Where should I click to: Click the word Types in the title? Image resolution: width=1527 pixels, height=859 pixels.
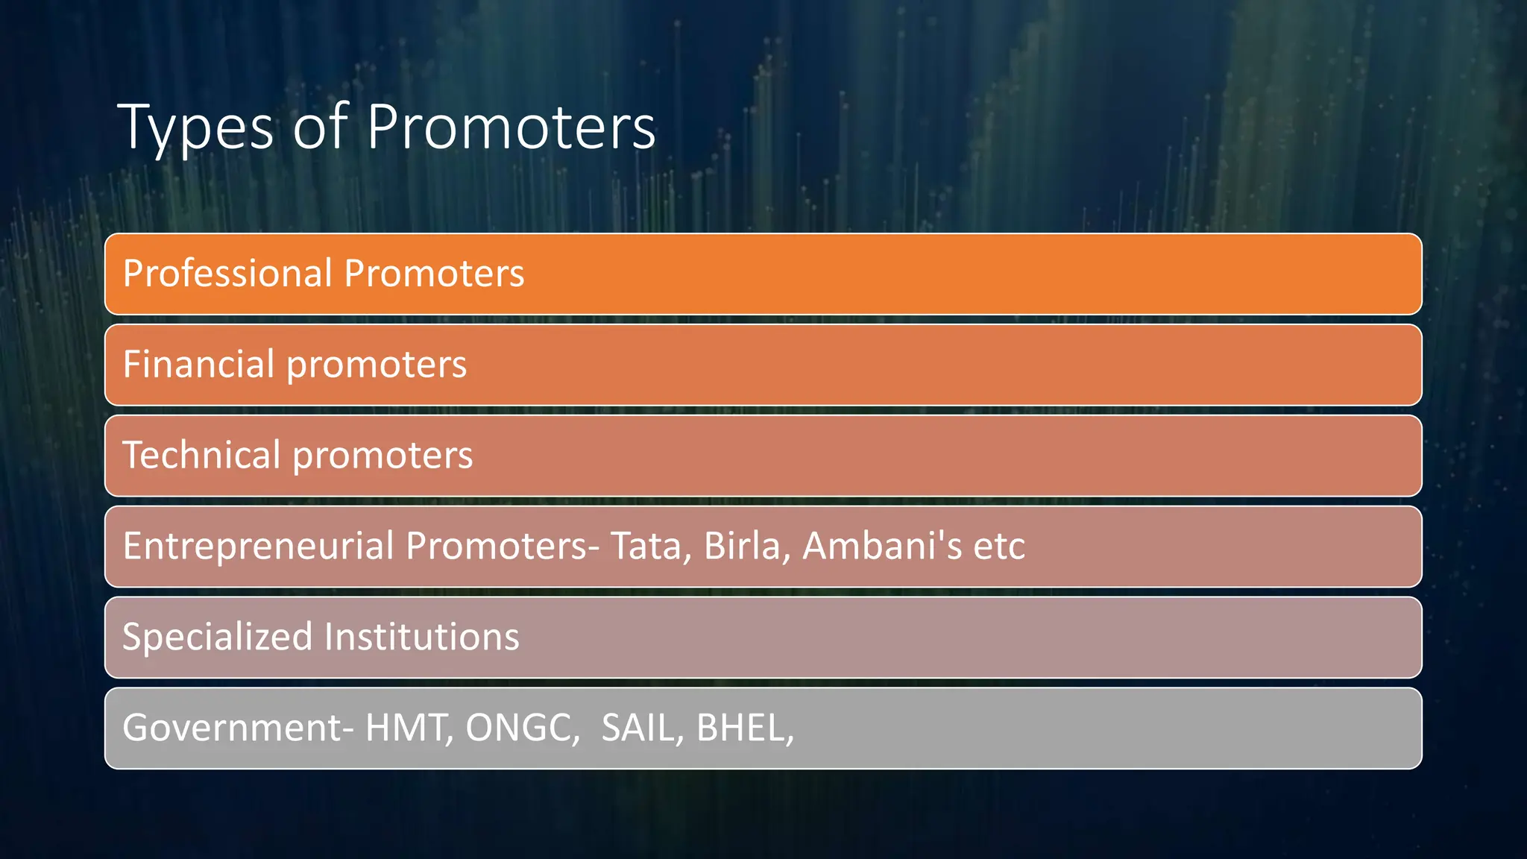(x=195, y=128)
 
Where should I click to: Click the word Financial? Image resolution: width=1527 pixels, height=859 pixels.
(x=198, y=364)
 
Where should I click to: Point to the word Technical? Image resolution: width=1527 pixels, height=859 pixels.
(x=201, y=455)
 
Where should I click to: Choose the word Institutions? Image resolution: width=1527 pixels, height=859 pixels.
(x=421, y=637)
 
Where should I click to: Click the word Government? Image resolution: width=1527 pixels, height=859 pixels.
(x=232, y=728)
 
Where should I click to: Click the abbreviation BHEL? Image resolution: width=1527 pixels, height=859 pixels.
(x=743, y=728)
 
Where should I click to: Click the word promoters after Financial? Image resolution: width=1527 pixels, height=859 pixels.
(x=377, y=365)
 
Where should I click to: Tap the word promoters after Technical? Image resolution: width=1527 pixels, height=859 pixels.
(x=382, y=456)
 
